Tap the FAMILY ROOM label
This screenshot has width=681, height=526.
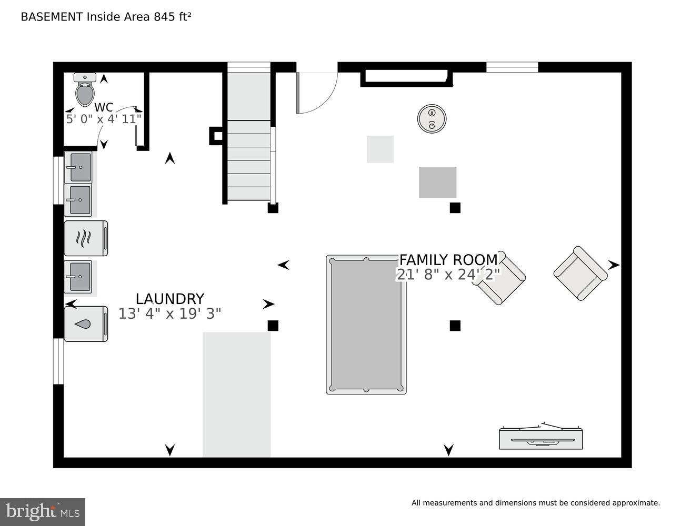point(448,260)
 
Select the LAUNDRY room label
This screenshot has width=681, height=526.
point(169,299)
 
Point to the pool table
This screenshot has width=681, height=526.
point(366,325)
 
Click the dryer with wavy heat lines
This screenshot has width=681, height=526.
point(85,238)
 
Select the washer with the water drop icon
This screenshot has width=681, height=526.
point(85,324)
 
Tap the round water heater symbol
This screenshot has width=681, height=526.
point(432,118)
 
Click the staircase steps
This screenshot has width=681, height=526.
point(248,160)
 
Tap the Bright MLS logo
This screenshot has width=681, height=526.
point(43,512)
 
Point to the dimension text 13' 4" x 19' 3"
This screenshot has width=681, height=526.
point(169,313)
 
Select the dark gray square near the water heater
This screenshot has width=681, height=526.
point(437,182)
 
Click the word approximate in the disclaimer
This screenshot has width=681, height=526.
point(635,503)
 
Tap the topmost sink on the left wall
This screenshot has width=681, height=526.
point(78,167)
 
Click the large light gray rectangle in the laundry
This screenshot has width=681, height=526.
point(236,394)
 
